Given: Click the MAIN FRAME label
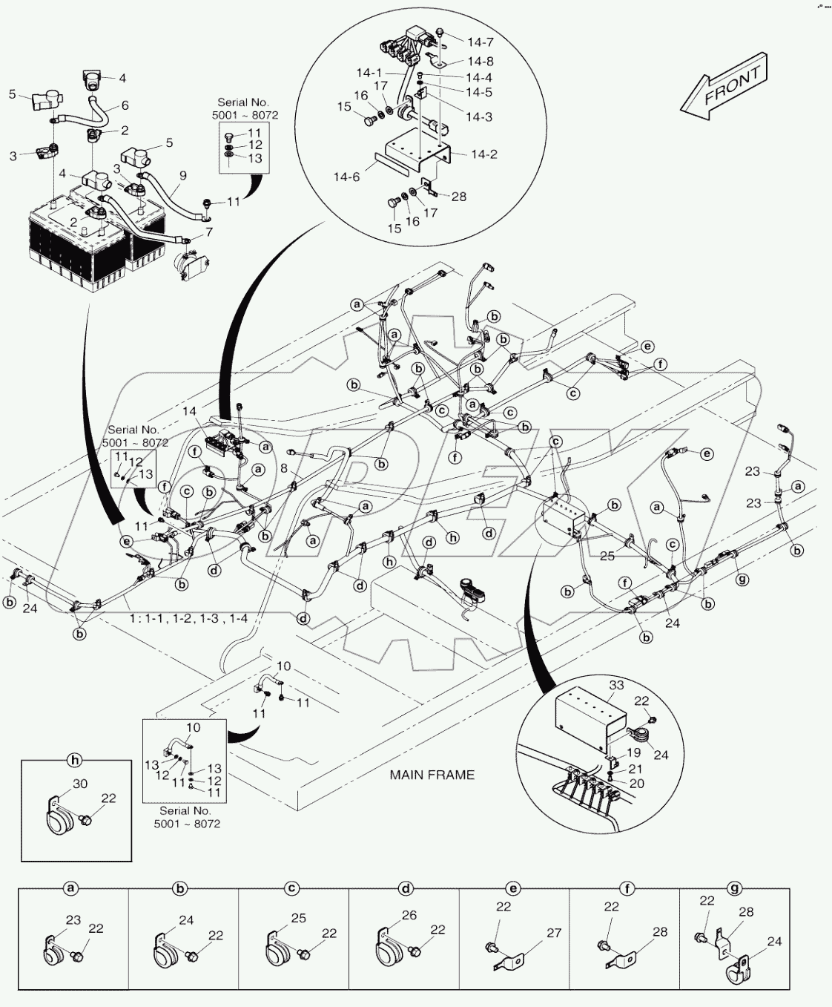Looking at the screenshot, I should tap(432, 775).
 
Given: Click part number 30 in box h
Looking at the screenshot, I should tap(80, 784).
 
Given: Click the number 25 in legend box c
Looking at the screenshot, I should tap(298, 918).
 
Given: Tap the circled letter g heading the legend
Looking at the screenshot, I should tap(735, 888).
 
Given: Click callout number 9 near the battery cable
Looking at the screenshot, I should tap(182, 176).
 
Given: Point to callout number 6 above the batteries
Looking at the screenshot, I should tap(125, 106).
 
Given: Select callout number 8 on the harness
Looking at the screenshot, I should tap(284, 468).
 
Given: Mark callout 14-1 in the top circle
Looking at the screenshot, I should tap(369, 73).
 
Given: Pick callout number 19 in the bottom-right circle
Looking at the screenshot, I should tap(633, 753).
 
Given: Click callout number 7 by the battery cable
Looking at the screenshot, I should tap(208, 232).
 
